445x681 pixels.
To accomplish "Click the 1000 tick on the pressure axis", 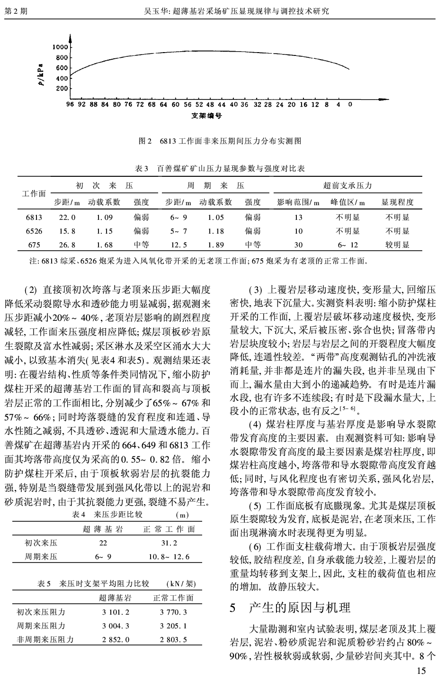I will (x=61, y=47).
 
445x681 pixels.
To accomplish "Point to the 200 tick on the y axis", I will (x=62, y=89).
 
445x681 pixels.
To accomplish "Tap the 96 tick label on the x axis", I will (x=70, y=104).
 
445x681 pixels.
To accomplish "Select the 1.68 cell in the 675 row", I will (x=104, y=245).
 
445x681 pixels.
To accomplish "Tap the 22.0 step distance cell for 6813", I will (x=67, y=218).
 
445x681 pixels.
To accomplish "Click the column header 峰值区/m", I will (x=348, y=202).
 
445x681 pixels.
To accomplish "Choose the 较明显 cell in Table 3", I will (x=397, y=245).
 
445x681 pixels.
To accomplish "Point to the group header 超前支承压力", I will (x=348, y=186).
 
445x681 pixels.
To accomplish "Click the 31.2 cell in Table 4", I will (x=169, y=543).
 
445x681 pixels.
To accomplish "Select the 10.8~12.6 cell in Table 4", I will (x=169, y=557).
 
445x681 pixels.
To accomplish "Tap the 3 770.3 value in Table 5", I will (x=174, y=612).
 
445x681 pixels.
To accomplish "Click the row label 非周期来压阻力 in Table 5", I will (x=45, y=640).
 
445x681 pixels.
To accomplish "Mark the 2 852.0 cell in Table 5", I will (x=116, y=640).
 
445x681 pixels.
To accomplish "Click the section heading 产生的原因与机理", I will (x=300, y=608).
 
